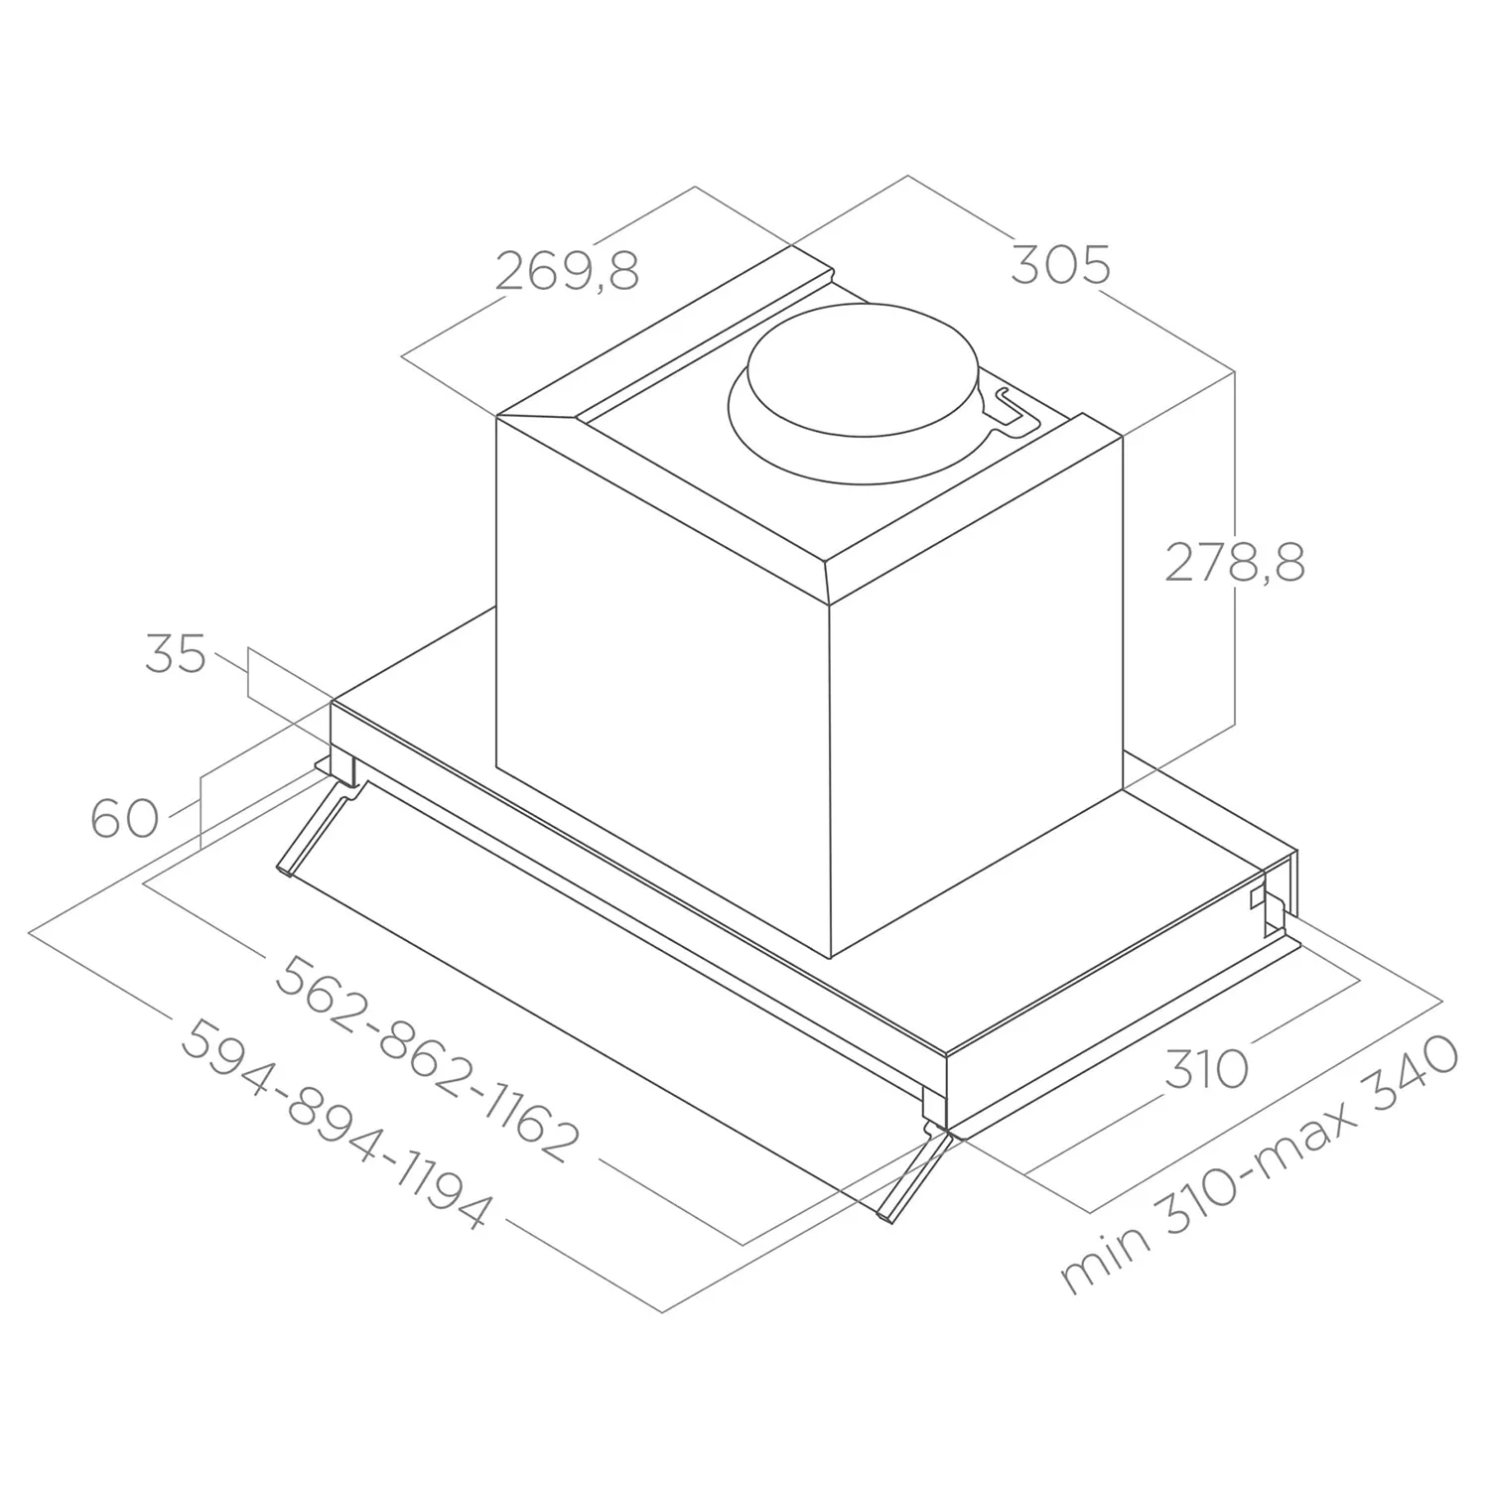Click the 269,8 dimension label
(567, 270)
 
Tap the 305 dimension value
(1060, 265)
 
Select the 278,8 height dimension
(1235, 562)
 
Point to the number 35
(176, 654)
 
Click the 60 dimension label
(125, 819)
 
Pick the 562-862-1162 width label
(425, 1059)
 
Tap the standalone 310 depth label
(1205, 1069)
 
